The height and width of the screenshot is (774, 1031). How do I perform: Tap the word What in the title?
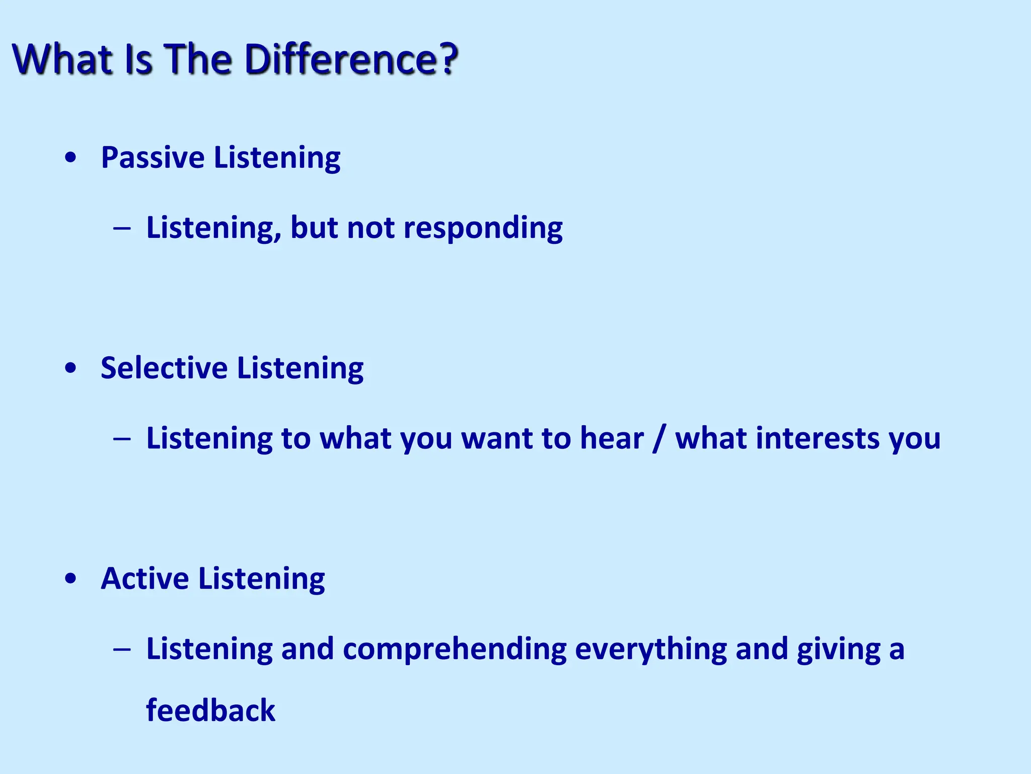(x=63, y=59)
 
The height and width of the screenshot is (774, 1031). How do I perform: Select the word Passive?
(x=153, y=158)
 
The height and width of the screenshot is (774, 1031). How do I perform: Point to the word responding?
(x=483, y=228)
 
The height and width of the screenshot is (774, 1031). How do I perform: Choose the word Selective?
(x=164, y=368)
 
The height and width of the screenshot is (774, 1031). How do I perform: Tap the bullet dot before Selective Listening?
(x=71, y=368)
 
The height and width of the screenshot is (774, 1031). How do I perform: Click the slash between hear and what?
(x=657, y=438)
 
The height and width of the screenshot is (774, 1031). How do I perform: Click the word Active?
(x=145, y=578)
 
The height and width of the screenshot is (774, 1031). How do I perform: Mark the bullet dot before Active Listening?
(x=71, y=579)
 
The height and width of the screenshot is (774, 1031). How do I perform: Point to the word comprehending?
(x=455, y=650)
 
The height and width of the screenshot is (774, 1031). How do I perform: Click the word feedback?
(x=210, y=711)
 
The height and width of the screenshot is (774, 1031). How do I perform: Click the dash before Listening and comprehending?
(x=122, y=650)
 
